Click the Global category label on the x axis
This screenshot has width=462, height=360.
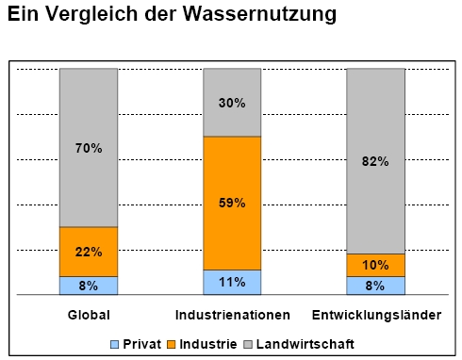pos(90,314)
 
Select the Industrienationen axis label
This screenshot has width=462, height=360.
pos(233,314)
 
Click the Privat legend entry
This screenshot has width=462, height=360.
pos(136,344)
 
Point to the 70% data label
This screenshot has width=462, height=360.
pos(89,148)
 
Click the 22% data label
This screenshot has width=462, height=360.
pos(89,252)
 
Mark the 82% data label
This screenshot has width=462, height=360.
pos(375,161)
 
